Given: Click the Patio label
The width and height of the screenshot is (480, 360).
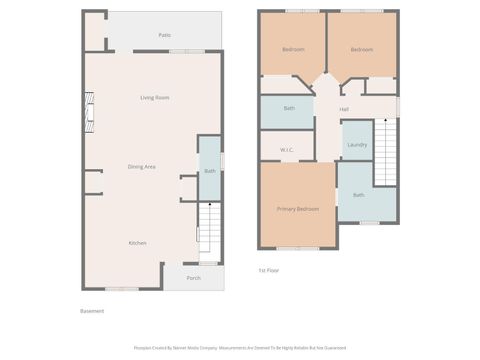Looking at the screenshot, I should pos(164,35).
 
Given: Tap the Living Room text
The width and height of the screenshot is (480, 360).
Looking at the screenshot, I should pos(154,97).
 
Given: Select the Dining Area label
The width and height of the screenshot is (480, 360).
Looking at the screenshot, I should pos(141,166).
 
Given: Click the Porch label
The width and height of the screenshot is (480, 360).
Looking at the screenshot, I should pos(193,278).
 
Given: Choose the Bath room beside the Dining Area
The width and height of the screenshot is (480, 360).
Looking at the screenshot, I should pos(210,171).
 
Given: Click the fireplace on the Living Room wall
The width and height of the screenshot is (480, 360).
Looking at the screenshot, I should pos(90,112).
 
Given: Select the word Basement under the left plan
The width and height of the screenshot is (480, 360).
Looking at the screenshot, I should pos(92,311).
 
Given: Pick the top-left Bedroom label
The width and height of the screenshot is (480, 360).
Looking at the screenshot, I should pos(293,49).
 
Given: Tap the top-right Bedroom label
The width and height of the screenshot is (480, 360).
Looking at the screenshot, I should pos(361,49).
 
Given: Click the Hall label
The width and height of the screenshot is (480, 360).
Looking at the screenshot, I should pos(344,109).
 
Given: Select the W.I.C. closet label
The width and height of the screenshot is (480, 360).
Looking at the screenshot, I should pos(286,151).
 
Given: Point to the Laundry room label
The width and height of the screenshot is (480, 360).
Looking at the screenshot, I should pos(357,145).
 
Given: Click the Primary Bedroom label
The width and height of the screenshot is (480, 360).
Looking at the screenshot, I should pos(298,209).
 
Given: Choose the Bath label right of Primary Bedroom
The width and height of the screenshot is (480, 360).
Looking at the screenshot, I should pos(358,195).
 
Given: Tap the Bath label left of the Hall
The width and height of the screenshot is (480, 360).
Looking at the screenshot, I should pos(289,108).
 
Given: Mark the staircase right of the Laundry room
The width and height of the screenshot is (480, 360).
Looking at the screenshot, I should pos(386,152).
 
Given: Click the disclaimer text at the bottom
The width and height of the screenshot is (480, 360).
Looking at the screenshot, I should pos(240,348).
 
